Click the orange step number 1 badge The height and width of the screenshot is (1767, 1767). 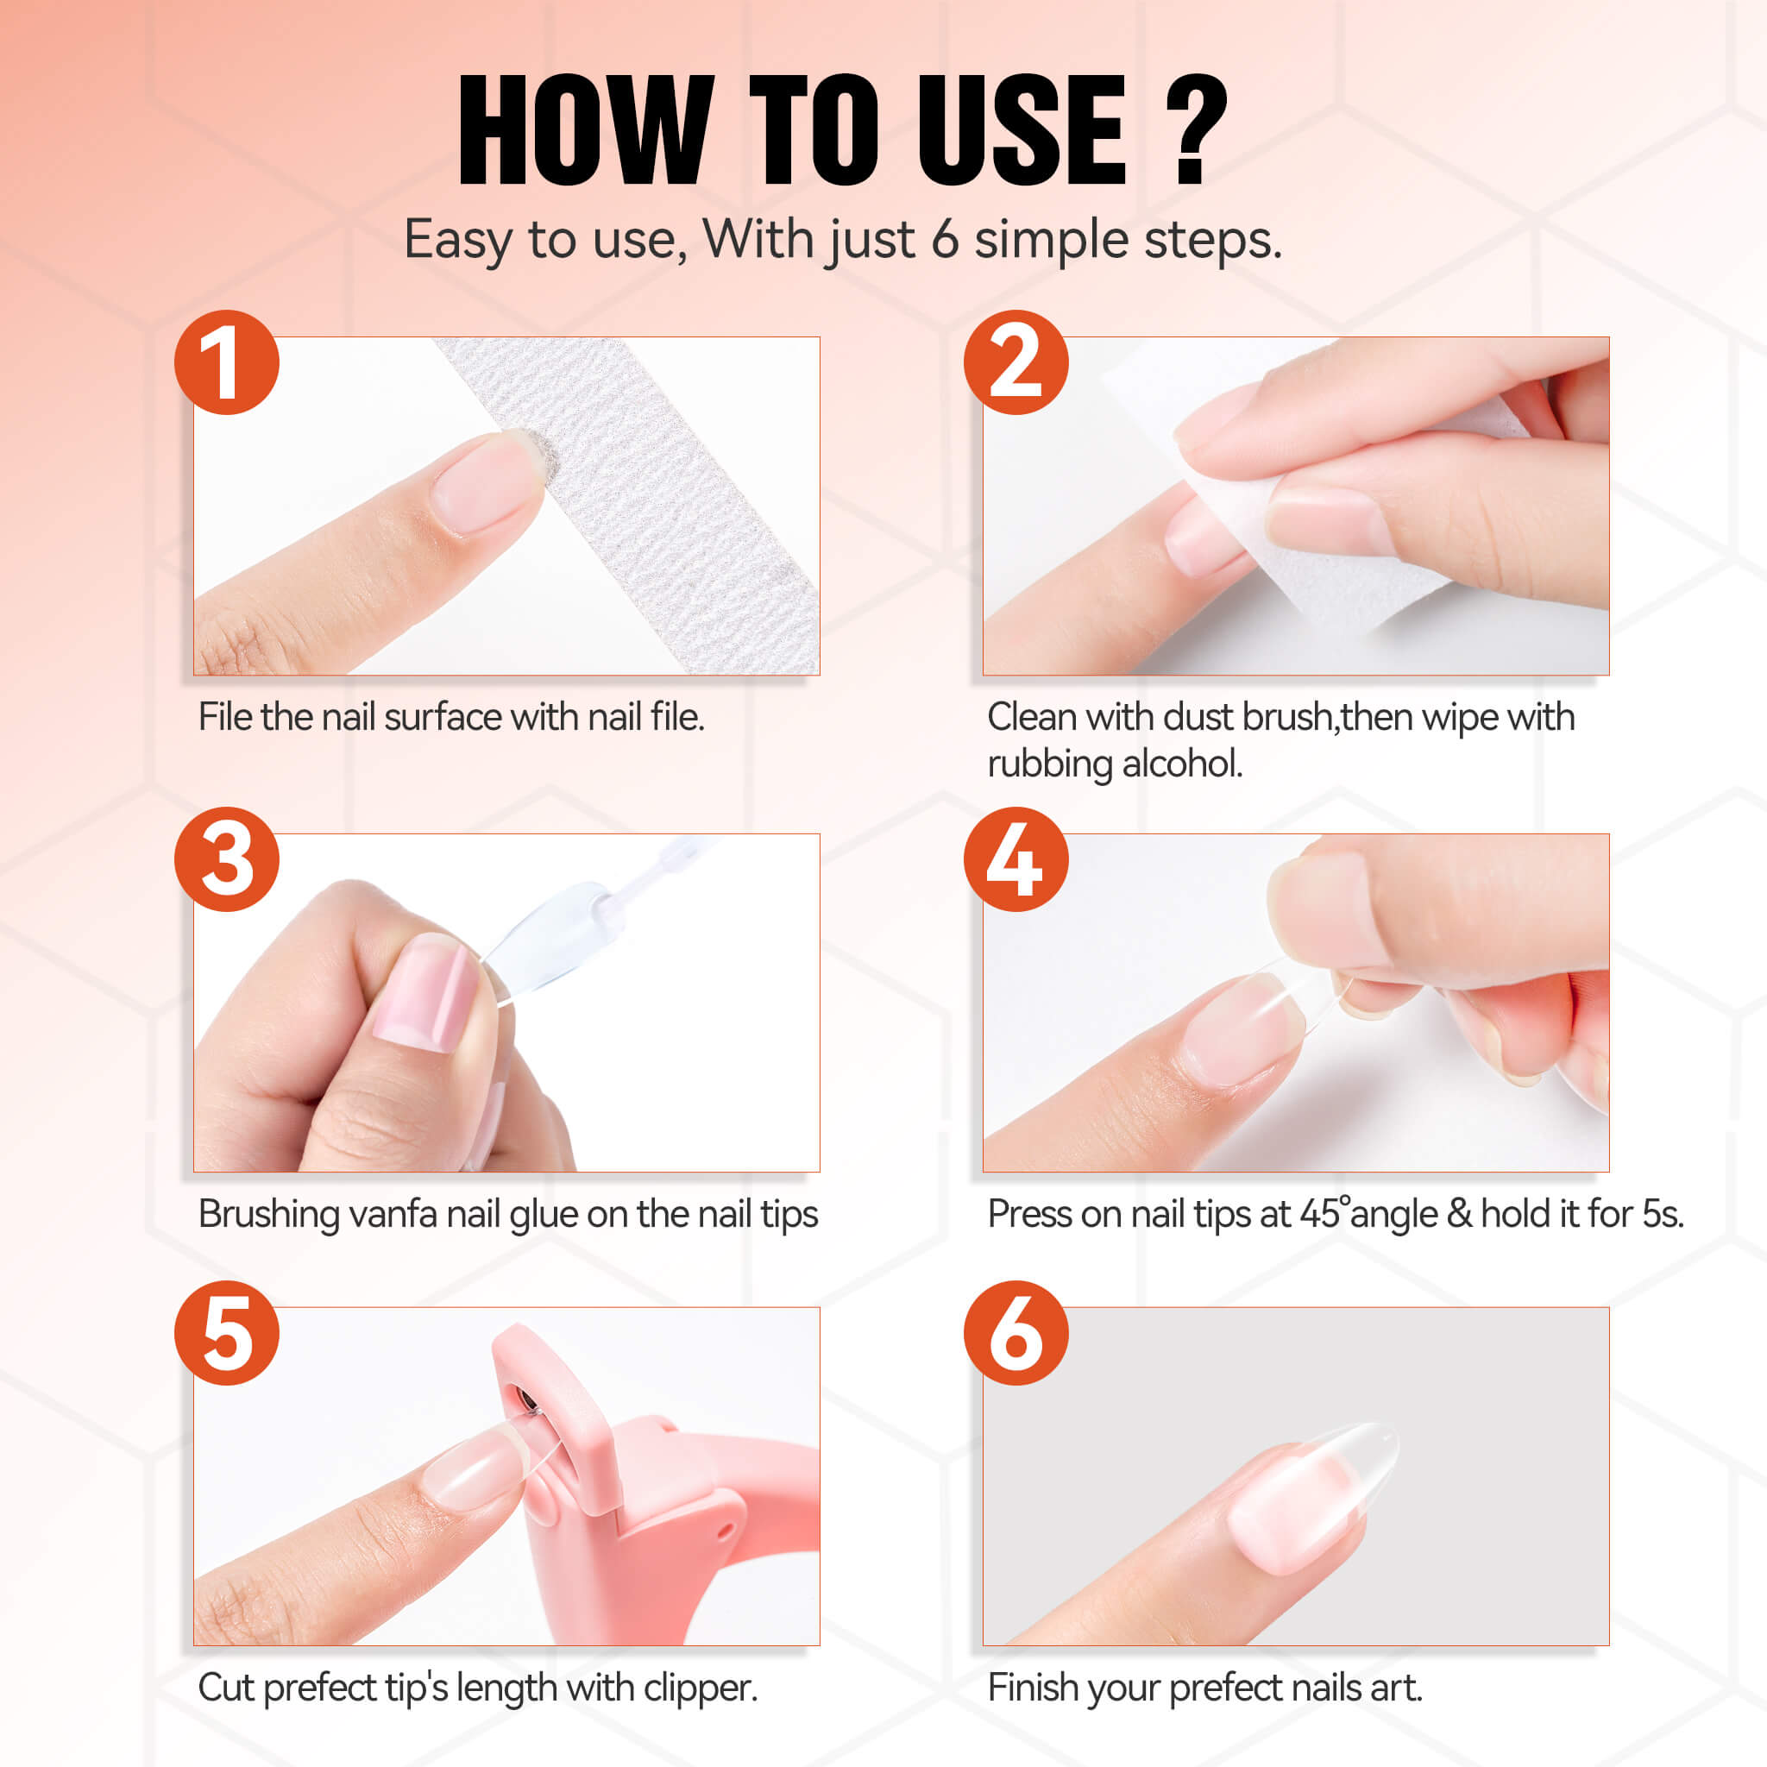pos(227,362)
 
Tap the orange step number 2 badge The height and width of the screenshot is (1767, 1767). pos(1016,362)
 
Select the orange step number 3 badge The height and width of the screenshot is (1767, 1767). pos(227,858)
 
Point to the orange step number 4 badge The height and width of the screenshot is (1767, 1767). pos(1016,858)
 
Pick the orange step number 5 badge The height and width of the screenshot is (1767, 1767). pos(227,1332)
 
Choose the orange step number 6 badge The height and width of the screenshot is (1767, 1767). pos(1016,1332)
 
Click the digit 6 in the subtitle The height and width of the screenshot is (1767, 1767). pos(945,240)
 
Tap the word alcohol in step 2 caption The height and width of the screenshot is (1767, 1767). pos(1182,764)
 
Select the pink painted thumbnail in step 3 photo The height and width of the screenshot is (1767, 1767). pos(428,991)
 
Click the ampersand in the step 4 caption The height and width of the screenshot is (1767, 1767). pos(1460,1214)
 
